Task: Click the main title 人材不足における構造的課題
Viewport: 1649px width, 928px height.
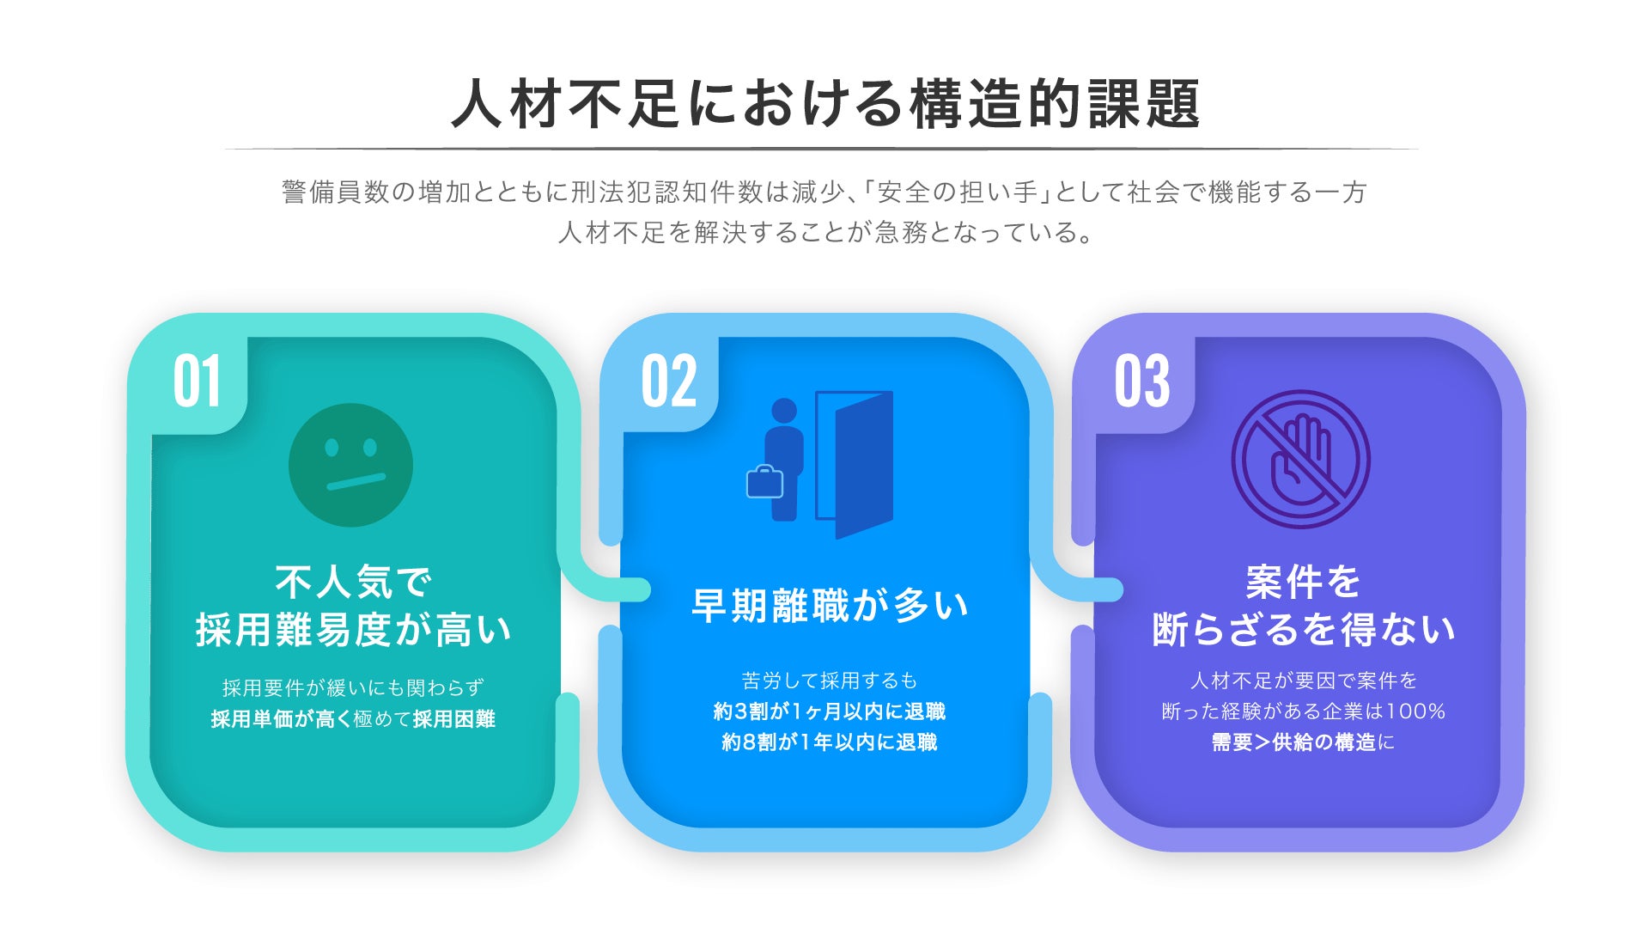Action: [825, 104]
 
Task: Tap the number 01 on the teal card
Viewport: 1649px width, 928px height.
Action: [198, 381]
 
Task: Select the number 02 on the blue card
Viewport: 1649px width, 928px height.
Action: [669, 381]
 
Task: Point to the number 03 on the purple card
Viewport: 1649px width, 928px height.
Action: [1142, 381]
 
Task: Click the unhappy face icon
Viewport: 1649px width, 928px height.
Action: [350, 465]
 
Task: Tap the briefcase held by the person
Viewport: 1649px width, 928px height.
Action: [764, 482]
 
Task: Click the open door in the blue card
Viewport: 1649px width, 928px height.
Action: [855, 464]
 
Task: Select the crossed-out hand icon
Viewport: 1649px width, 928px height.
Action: [1301, 459]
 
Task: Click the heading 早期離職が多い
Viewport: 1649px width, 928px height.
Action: [830, 605]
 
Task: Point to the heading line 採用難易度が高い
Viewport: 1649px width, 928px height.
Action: [353, 629]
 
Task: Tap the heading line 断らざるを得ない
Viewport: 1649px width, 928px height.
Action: [1303, 629]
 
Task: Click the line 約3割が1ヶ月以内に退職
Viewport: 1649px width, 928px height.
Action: [830, 711]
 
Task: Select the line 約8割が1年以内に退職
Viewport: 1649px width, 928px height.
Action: [830, 742]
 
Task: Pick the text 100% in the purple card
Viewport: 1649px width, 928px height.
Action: [1416, 711]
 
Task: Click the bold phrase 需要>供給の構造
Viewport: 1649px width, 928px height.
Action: [1294, 742]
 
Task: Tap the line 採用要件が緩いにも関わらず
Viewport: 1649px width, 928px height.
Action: [353, 687]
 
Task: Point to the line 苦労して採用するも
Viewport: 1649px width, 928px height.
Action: [830, 681]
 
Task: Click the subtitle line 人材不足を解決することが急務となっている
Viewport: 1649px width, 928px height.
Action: [825, 232]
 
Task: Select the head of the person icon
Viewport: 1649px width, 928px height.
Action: [784, 412]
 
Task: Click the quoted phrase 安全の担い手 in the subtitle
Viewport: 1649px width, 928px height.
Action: [957, 192]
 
